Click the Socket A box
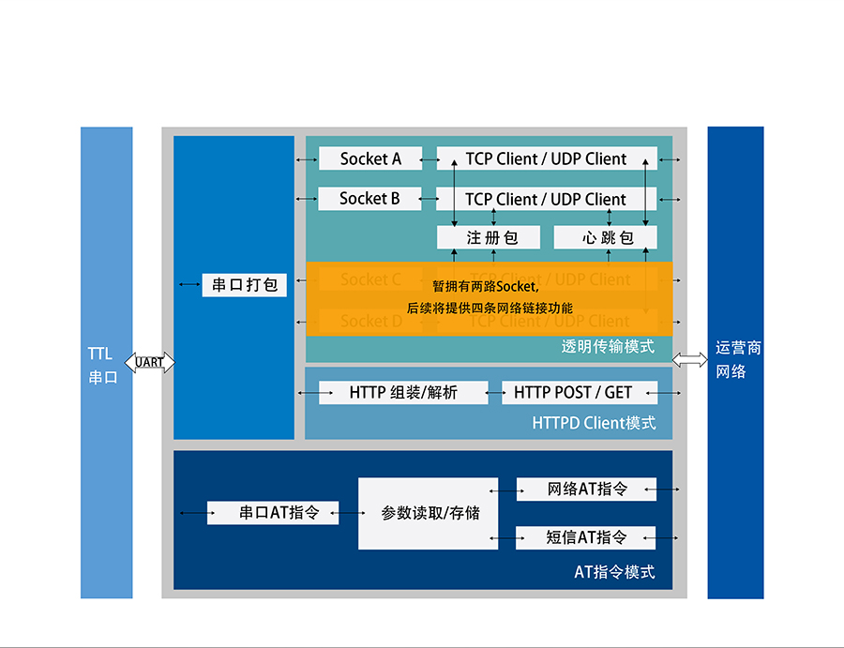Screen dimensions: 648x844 pyautogui.click(x=369, y=158)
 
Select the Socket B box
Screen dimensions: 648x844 pyautogui.click(x=369, y=199)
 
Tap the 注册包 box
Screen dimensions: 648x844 pyautogui.click(x=489, y=238)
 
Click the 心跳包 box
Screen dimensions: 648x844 pyautogui.click(x=605, y=238)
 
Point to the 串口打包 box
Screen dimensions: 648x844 pyautogui.click(x=244, y=285)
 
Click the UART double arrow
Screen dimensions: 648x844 pyautogui.click(x=150, y=363)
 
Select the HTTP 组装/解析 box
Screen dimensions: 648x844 pyautogui.click(x=403, y=393)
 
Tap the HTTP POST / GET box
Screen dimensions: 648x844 pyautogui.click(x=572, y=393)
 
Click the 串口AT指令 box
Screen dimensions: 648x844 pyautogui.click(x=273, y=513)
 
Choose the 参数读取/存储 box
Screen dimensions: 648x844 pyautogui.click(x=429, y=513)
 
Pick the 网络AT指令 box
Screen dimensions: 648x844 pyautogui.click(x=586, y=490)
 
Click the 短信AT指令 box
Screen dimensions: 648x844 pyautogui.click(x=586, y=538)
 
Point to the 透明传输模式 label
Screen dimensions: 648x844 pyautogui.click(x=608, y=346)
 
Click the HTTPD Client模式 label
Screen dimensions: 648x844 pyautogui.click(x=594, y=423)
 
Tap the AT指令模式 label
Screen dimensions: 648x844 pyautogui.click(x=614, y=572)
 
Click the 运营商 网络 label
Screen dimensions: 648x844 pyautogui.click(x=737, y=359)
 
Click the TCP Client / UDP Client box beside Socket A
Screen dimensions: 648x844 pyautogui.click(x=546, y=158)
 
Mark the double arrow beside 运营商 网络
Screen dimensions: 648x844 pyautogui.click(x=690, y=359)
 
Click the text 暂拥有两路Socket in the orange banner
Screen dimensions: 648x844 pyautogui.click(x=485, y=286)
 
